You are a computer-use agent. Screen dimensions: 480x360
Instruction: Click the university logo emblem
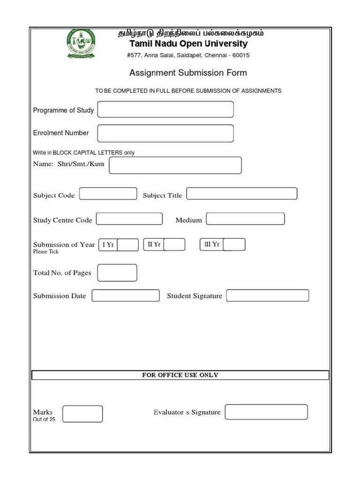[x=81, y=44]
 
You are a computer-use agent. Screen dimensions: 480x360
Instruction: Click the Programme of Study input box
[x=165, y=110]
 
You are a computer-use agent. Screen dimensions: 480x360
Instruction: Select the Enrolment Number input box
[x=165, y=133]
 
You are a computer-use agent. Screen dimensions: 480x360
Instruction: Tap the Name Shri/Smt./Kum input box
[x=175, y=165]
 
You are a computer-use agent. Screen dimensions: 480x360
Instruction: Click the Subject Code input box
[x=108, y=194]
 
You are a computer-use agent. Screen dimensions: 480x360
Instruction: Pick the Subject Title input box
[x=242, y=194]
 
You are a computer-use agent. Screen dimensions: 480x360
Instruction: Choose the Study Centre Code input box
[x=129, y=219]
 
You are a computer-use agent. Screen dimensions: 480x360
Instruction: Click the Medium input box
[x=245, y=219]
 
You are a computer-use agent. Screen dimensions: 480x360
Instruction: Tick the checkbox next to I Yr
[x=128, y=245]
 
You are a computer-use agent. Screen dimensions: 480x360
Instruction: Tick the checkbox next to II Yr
[x=174, y=245]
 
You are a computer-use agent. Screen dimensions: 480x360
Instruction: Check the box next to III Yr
[x=234, y=245]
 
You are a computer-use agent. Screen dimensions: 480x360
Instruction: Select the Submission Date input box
[x=126, y=296]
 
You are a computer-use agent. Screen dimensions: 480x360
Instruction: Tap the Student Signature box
[x=268, y=296]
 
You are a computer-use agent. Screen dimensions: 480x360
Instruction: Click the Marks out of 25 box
[x=82, y=414]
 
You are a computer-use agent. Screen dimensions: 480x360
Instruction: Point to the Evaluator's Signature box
[x=266, y=412]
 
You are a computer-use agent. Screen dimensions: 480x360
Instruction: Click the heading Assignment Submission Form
[x=188, y=73]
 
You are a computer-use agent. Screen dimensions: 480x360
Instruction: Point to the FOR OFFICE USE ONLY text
[x=180, y=375]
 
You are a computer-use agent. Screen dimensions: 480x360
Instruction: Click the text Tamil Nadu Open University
[x=188, y=44]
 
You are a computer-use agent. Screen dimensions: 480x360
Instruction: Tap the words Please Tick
[x=45, y=252]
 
